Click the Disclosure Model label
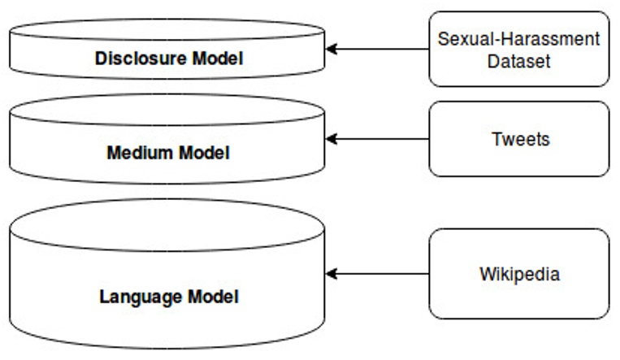(x=169, y=59)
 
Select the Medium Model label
(x=168, y=152)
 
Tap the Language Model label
(x=169, y=297)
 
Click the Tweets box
(x=518, y=139)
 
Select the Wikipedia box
(x=518, y=274)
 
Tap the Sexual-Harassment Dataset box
(x=518, y=49)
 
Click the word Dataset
(x=518, y=60)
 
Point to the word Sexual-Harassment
(x=518, y=38)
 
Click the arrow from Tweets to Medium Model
(x=378, y=139)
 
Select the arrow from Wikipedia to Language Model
(x=378, y=274)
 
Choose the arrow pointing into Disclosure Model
(x=378, y=49)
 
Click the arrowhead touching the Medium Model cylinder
(x=332, y=139)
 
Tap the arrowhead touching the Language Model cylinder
(x=332, y=274)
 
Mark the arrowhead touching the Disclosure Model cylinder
(x=332, y=49)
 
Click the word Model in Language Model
(x=213, y=297)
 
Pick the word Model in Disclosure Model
(x=219, y=59)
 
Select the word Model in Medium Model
(x=202, y=152)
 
